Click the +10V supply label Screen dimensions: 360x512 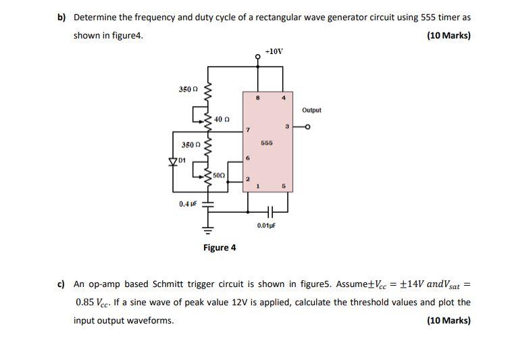pyautogui.click(x=274, y=51)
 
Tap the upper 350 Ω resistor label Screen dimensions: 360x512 pyautogui.click(x=187, y=90)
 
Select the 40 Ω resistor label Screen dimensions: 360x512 pyautogui.click(x=222, y=120)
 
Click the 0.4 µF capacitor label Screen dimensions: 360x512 pyautogui.click(x=187, y=203)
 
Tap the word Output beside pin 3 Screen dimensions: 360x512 pyautogui.click(x=311, y=110)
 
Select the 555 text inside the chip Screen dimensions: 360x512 pyautogui.click(x=266, y=143)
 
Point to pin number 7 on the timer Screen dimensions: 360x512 pyautogui.click(x=248, y=129)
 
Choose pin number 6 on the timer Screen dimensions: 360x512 pyautogui.click(x=248, y=159)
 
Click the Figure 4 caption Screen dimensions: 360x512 pyautogui.click(x=220, y=247)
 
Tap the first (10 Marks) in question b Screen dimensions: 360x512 pyautogui.click(x=449, y=35)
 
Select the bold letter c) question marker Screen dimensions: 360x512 pyautogui.click(x=60, y=284)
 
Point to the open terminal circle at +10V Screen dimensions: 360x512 pyautogui.click(x=258, y=57)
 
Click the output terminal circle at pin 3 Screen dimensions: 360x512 pyautogui.click(x=309, y=127)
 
